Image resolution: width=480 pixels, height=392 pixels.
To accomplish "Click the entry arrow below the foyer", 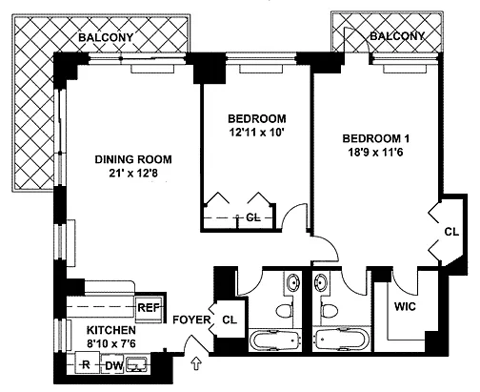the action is coord(197,363).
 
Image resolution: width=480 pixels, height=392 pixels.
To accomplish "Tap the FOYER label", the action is coord(191,320).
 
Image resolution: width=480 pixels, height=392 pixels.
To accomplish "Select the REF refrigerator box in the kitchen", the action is coord(149,307).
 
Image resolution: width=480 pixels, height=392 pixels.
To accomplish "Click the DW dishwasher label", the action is coord(114,366).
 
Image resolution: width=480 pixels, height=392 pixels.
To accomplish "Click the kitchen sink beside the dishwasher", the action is coord(136,364).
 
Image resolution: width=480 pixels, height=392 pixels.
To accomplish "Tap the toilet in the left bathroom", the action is coord(284,310).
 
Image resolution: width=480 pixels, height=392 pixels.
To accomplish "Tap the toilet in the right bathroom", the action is coord(329,310).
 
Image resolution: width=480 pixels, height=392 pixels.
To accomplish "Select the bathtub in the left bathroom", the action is coord(274,340).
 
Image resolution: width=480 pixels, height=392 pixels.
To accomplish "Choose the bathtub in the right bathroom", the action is coord(343,340).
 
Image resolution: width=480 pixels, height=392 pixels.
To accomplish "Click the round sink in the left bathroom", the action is coord(292,282).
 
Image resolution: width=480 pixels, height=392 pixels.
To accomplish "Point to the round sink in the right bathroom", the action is coord(320,282).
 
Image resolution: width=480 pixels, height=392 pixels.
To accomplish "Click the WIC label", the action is coord(405,307).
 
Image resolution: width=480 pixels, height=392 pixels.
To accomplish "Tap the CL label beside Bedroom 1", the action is coord(451,232).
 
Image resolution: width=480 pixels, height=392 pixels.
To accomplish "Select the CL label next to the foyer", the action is coord(230,320).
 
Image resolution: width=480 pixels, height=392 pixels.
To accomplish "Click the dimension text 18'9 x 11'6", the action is coord(375,153).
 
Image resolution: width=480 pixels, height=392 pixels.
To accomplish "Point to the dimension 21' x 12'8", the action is coord(133,174).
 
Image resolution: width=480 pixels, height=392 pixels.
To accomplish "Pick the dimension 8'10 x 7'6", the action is coord(111,343).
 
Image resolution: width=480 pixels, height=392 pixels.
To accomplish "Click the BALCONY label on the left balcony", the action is coord(106,37).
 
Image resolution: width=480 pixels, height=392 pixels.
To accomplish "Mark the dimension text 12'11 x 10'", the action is coord(256,133).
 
